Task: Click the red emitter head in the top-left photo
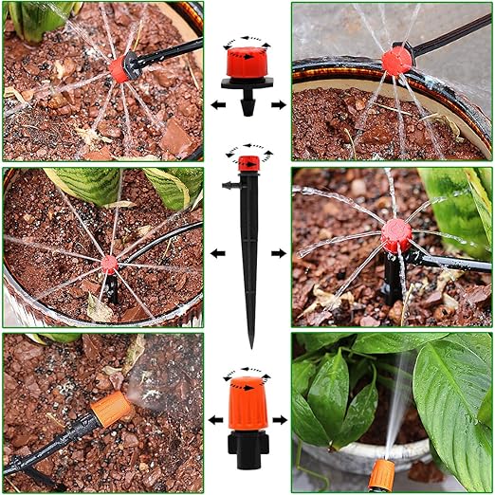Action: (x=120, y=69)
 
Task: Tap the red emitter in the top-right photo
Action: (x=396, y=60)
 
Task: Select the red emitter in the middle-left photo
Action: (x=110, y=264)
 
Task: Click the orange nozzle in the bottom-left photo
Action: (x=111, y=409)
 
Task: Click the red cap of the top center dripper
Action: (x=247, y=64)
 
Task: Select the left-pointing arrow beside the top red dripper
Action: (x=218, y=103)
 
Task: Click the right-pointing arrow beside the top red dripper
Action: (x=278, y=103)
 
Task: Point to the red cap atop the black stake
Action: (x=248, y=162)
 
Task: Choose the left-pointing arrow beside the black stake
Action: (x=218, y=254)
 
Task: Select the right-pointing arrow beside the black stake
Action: (x=279, y=254)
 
